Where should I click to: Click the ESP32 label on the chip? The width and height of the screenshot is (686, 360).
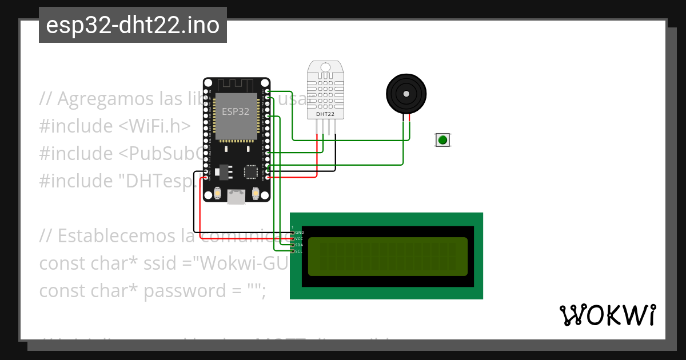[236, 112]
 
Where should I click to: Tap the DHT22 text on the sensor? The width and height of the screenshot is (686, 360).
[325, 114]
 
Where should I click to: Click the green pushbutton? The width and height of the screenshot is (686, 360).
[442, 139]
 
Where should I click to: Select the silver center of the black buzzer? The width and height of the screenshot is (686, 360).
[406, 93]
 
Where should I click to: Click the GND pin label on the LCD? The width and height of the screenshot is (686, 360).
[300, 233]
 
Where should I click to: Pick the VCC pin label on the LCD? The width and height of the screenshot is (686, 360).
[299, 239]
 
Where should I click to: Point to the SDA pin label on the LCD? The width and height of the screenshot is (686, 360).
[299, 245]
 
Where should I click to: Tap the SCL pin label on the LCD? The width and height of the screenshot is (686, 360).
[299, 251]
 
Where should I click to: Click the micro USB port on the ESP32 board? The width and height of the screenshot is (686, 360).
[236, 197]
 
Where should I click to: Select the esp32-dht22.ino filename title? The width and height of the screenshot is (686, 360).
[133, 25]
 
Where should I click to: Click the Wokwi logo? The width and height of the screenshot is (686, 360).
[607, 315]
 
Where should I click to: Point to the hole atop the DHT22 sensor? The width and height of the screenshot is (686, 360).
[326, 67]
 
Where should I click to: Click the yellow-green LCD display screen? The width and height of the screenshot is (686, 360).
[388, 256]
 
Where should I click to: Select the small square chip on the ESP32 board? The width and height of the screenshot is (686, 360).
[250, 172]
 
